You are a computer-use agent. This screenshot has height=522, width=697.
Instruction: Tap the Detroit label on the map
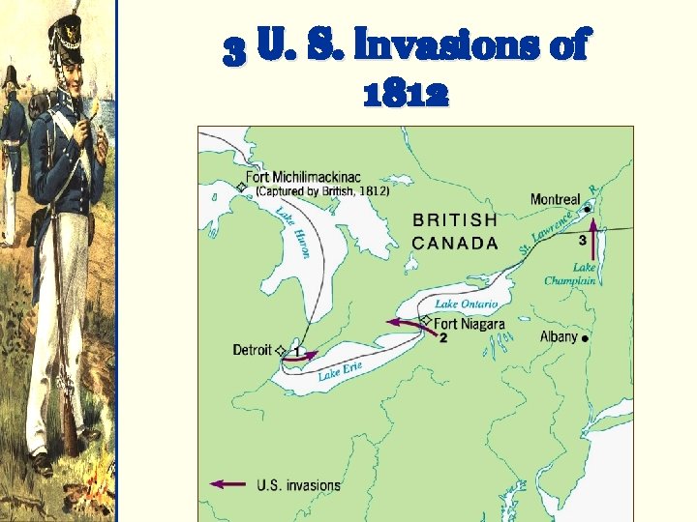[252, 350]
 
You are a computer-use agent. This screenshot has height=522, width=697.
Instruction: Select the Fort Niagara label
[470, 324]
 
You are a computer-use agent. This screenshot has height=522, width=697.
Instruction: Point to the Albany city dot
[586, 338]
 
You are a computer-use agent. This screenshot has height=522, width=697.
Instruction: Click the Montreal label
[555, 199]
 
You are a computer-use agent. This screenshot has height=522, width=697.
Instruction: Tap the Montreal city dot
[589, 208]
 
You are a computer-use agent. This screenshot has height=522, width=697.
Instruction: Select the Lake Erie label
[340, 369]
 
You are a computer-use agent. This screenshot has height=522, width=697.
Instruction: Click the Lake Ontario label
[466, 304]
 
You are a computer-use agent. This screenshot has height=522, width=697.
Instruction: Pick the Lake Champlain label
[570, 274]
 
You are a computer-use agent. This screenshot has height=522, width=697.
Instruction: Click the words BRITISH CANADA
[455, 232]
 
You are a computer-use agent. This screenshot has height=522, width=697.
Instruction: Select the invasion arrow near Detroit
[302, 356]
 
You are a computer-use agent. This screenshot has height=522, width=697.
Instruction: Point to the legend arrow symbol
[229, 483]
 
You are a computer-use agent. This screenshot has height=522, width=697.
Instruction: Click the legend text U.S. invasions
[298, 484]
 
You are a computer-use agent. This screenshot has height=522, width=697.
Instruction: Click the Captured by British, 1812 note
[322, 191]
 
